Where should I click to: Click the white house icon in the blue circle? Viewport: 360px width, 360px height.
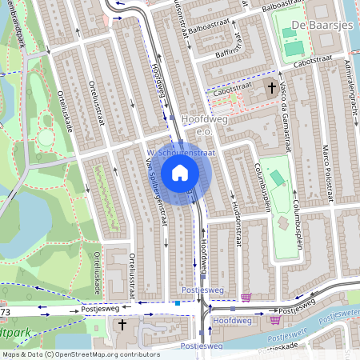point(180,172)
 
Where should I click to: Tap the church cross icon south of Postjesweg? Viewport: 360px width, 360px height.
point(122,324)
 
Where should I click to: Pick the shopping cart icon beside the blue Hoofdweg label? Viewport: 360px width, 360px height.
point(276,320)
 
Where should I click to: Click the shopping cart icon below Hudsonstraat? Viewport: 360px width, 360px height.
point(246,298)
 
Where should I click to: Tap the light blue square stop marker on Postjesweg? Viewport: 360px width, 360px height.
point(178,303)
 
